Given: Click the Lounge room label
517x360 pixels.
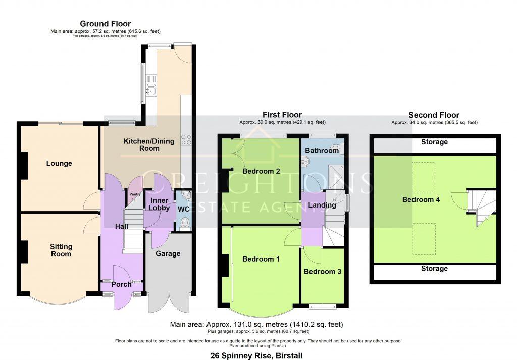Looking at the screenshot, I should tap(59, 163).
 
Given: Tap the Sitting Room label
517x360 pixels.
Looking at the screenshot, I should tap(61, 250).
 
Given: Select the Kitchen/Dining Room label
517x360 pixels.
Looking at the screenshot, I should tap(148, 145).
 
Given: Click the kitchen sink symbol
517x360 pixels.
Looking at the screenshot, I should tap(150, 91).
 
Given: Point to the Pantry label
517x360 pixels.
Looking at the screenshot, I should tap(134, 194).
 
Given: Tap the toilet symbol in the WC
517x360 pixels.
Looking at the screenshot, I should tap(185, 223).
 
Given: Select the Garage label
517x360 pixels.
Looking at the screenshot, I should tap(168, 253).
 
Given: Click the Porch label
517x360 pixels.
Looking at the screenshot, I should tap(121, 284).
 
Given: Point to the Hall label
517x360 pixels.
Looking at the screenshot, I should tap(121, 227).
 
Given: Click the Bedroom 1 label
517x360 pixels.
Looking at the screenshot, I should tap(261, 259).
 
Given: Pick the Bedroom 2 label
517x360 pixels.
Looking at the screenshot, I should tap(261, 171).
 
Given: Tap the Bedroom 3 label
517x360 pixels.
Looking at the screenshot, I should tap(323, 271).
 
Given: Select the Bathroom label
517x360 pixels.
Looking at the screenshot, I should tap(322, 150).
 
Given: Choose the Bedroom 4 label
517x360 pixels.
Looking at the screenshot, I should tap(421, 199).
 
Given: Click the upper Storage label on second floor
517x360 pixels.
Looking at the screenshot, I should tap(434, 142).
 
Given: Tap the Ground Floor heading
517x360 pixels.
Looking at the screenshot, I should tap(105, 24).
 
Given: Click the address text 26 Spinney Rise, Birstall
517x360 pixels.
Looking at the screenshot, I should tap(257, 355).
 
